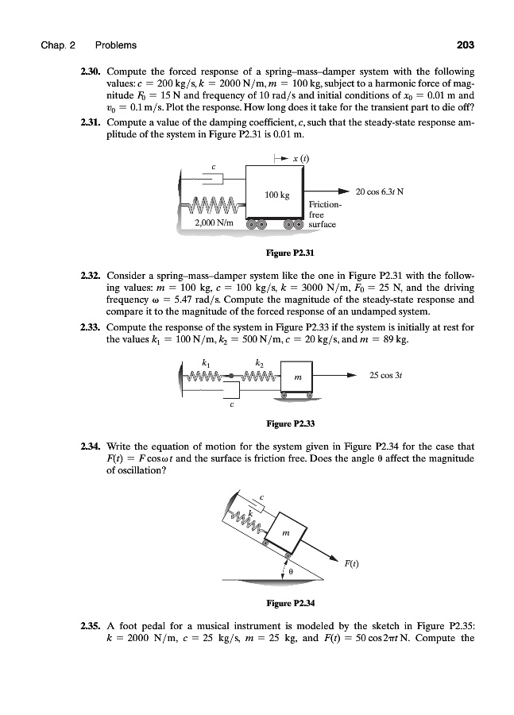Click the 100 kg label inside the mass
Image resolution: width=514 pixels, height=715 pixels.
pos(277,194)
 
